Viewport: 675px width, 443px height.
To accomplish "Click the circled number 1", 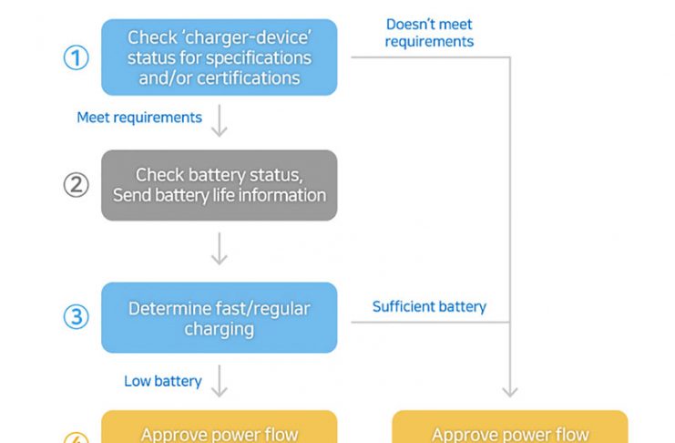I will (x=76, y=57).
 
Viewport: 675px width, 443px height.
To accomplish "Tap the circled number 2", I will (x=76, y=185).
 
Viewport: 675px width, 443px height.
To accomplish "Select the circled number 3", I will (x=76, y=317).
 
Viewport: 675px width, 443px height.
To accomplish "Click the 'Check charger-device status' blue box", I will (x=219, y=57).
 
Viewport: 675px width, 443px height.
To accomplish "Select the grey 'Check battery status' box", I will (x=219, y=185).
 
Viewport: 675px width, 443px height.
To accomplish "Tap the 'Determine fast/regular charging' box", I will (x=219, y=317).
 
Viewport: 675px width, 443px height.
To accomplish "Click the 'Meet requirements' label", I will (x=139, y=118).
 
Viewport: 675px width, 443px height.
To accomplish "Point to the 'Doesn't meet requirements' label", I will (x=429, y=33).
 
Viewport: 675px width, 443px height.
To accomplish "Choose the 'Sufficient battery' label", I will (x=429, y=307).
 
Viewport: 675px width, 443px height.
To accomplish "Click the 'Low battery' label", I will (x=163, y=381).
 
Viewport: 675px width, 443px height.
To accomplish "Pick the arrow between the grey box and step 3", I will (x=219, y=249).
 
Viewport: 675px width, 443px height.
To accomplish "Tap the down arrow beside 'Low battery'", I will (x=219, y=382).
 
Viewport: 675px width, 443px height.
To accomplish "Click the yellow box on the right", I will (x=510, y=428).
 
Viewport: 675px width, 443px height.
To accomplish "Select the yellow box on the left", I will (x=219, y=428).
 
